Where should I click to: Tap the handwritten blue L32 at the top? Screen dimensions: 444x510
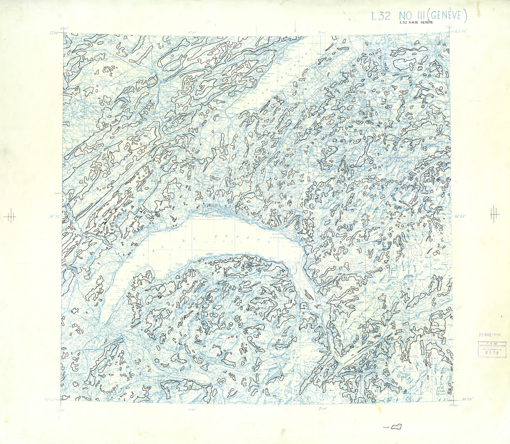[381, 16]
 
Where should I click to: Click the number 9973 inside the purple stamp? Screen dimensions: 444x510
[491, 352]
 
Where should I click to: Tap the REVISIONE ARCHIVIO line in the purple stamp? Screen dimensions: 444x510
[491, 346]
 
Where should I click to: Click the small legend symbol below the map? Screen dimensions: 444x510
[397, 427]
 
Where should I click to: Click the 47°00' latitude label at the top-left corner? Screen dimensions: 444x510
[54, 33]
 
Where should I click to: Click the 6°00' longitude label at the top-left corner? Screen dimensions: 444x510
[65, 29]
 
